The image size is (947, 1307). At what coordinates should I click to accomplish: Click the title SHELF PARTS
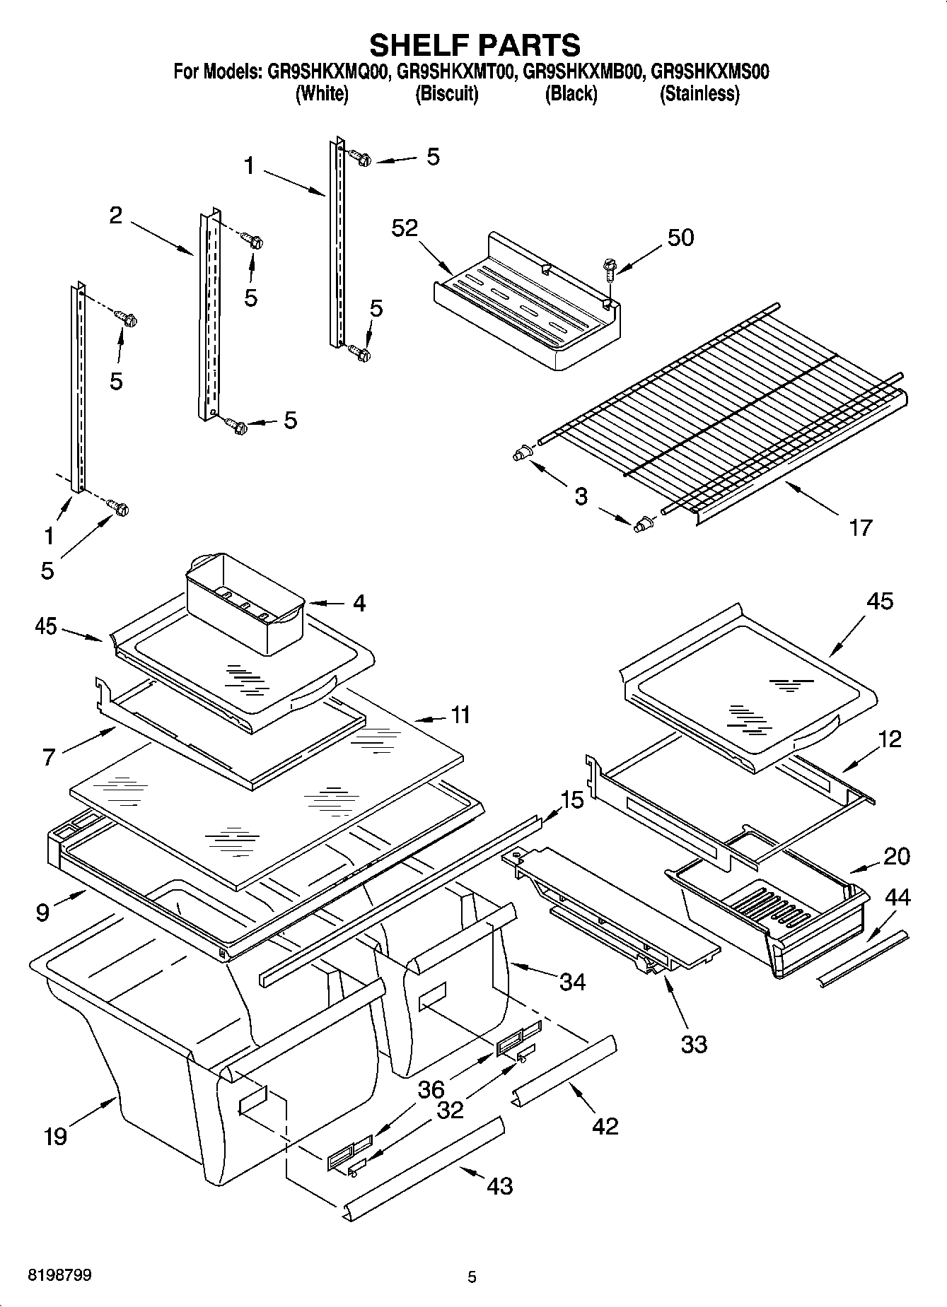(x=475, y=45)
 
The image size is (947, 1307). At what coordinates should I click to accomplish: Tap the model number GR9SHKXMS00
(x=709, y=71)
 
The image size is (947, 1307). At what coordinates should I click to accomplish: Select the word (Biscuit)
(x=446, y=93)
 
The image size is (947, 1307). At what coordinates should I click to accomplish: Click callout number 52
(x=405, y=228)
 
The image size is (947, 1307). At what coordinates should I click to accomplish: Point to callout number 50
(x=680, y=238)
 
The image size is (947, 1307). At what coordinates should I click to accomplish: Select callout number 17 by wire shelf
(x=860, y=527)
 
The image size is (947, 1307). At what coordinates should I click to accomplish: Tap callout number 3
(x=581, y=496)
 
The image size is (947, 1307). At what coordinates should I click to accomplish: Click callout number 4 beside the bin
(x=359, y=603)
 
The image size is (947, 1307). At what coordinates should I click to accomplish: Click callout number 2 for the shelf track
(x=115, y=215)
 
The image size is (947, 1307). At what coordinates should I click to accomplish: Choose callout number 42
(x=605, y=1125)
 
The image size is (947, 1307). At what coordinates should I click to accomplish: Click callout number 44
(x=897, y=898)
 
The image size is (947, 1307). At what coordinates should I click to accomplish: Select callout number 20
(x=897, y=856)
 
